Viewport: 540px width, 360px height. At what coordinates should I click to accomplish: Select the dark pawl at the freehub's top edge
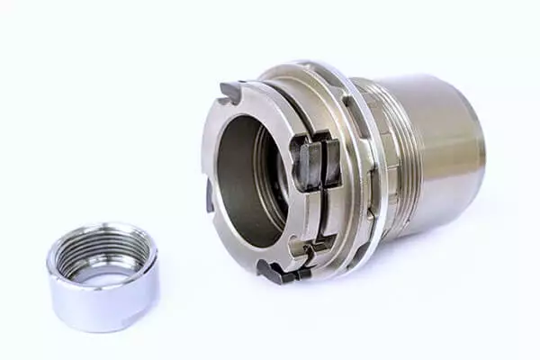tap(231, 91)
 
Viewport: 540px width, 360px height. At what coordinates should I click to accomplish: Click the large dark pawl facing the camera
tap(315, 162)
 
